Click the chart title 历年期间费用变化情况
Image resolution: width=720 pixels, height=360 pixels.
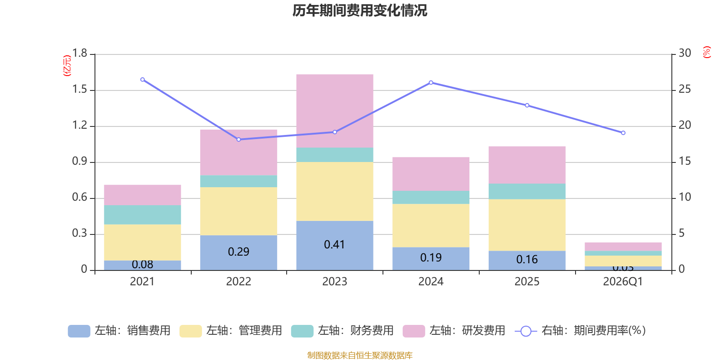pyautogui.click(x=360, y=10)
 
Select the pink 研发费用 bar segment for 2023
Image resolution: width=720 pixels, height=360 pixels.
pyautogui.click(x=334, y=111)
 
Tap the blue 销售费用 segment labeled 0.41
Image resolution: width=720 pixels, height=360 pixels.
pyautogui.click(x=334, y=245)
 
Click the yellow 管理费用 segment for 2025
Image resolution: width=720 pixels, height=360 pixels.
pyautogui.click(x=526, y=225)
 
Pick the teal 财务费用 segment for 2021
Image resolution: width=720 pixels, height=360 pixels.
pyautogui.click(x=142, y=215)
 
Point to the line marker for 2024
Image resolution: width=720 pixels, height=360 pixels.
pyautogui.click(x=431, y=82)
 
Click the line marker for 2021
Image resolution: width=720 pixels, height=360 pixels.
pyautogui.click(x=142, y=80)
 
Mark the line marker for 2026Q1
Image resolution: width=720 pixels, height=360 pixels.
pyautogui.click(x=623, y=133)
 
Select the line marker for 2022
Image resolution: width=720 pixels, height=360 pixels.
pyautogui.click(x=238, y=139)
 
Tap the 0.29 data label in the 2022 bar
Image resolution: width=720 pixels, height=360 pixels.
pyautogui.click(x=238, y=252)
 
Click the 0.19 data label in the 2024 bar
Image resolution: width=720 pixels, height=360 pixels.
pyautogui.click(x=431, y=257)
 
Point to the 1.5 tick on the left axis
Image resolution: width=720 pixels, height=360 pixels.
pyautogui.click(x=80, y=90)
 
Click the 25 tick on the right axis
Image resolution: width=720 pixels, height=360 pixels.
pyautogui.click(x=684, y=90)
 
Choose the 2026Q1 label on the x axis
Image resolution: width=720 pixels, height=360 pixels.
pyautogui.click(x=623, y=282)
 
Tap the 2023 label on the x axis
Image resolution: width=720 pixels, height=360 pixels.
pyautogui.click(x=334, y=282)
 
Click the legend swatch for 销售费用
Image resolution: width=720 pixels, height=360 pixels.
pyautogui.click(x=79, y=331)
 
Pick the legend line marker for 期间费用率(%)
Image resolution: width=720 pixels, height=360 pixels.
pyautogui.click(x=526, y=331)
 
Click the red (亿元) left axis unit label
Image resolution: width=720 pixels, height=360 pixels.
pyautogui.click(x=67, y=66)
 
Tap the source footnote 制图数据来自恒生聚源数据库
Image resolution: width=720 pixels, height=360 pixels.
pyautogui.click(x=360, y=355)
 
